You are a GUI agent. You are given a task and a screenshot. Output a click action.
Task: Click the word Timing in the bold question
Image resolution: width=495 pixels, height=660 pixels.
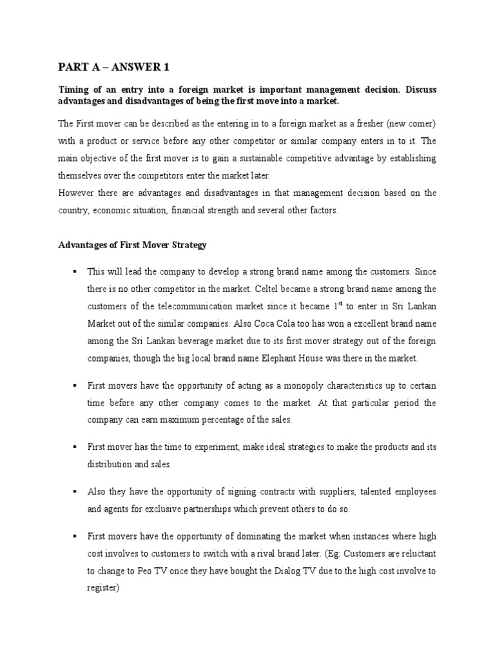pyautogui.click(x=73, y=90)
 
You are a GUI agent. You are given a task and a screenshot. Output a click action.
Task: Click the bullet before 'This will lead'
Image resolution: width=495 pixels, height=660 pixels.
pyautogui.click(x=75, y=272)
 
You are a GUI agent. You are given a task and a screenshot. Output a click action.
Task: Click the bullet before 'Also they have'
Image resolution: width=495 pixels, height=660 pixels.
pyautogui.click(x=75, y=491)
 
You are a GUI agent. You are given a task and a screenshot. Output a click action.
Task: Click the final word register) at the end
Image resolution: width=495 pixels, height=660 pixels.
pyautogui.click(x=105, y=588)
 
